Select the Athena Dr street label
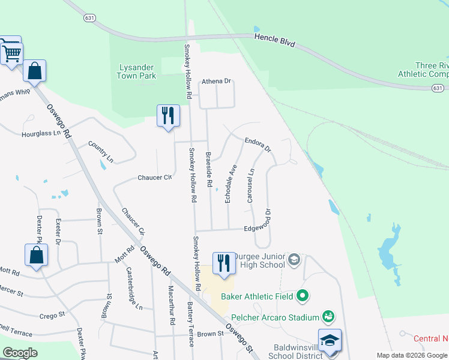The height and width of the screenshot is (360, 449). coord(216,81)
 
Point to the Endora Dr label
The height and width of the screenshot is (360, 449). coord(258,144)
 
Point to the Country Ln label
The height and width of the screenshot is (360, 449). coord(101,151)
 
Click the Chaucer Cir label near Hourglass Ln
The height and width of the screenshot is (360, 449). coord(154,178)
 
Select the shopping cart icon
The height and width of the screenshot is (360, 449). coord(11,52)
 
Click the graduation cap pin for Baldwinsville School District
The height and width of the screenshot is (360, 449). coord(330,340)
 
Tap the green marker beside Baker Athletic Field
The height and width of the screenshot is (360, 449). coord(303,296)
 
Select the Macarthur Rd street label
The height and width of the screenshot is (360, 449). coord(172,312)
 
